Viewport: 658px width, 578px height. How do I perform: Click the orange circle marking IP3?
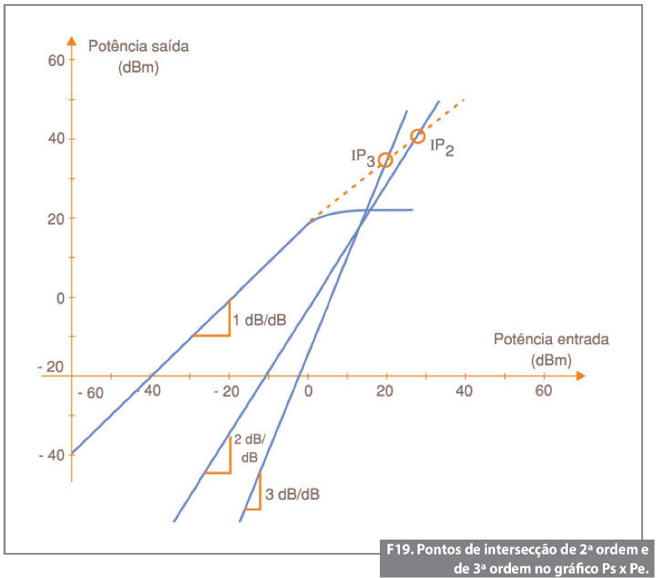tap(385, 160)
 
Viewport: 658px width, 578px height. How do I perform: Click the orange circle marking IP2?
tap(418, 136)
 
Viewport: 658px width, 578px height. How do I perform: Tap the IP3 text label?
tap(362, 156)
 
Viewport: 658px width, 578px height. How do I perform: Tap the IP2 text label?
tap(442, 148)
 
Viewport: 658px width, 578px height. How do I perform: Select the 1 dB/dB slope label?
tap(260, 320)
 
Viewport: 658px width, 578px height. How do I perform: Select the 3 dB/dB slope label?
tap(292, 494)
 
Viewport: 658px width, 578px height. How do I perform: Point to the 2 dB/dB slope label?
tap(249, 449)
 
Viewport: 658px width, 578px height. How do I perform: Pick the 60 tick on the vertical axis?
tap(56, 60)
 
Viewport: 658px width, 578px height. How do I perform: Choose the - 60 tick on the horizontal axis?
tap(88, 393)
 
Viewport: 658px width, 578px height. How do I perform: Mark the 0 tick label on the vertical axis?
tap(59, 297)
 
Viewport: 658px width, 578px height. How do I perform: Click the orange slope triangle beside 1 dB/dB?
tap(218, 325)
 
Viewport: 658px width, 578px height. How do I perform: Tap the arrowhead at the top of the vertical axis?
tap(72, 39)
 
